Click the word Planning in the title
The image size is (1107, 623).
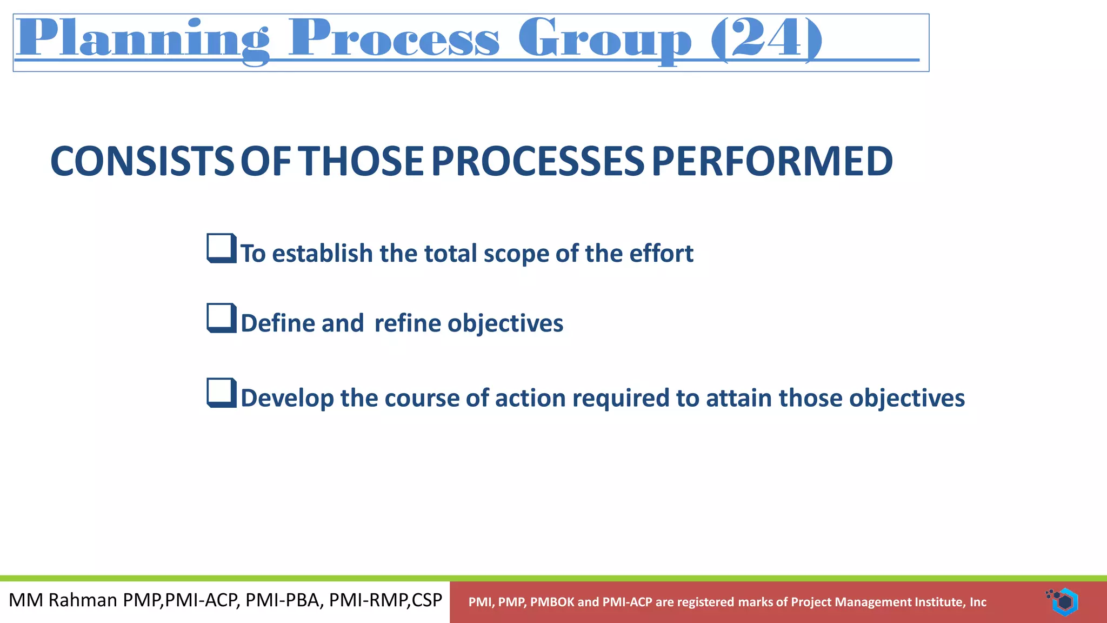click(x=142, y=39)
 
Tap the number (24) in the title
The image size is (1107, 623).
click(x=766, y=39)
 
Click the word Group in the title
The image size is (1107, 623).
click(x=604, y=39)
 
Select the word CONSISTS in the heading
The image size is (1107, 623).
click(x=142, y=162)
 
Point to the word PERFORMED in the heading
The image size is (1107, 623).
click(x=772, y=162)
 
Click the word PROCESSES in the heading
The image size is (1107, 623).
click(x=538, y=162)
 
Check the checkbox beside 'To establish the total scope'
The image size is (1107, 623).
click(x=221, y=248)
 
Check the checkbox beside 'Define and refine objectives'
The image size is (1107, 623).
click(x=221, y=318)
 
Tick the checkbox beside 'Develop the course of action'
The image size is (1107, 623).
click(x=221, y=393)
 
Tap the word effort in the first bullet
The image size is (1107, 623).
click(x=666, y=254)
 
